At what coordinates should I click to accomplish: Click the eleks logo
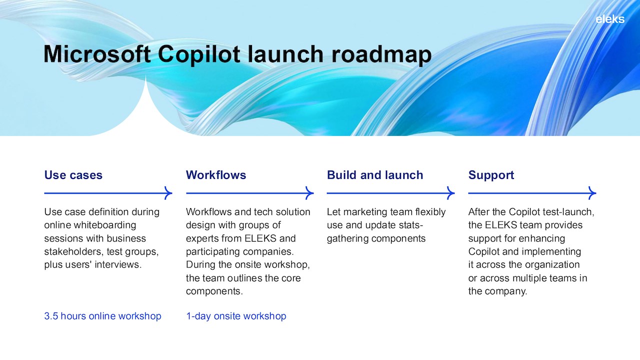point(610,19)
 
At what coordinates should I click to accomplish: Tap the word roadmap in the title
point(381,55)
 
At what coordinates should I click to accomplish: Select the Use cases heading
point(73,175)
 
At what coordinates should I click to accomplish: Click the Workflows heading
point(216,175)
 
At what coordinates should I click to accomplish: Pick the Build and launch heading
point(375,175)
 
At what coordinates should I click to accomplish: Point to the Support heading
point(491,175)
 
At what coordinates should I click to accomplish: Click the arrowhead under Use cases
point(168,193)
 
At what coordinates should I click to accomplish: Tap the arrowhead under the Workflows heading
point(309,193)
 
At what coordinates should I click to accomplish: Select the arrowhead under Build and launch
point(450,193)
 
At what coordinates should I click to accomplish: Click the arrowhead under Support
point(592,193)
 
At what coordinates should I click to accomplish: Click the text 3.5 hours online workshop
point(102,316)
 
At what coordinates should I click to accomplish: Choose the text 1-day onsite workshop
point(236,316)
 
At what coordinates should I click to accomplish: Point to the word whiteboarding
point(104,225)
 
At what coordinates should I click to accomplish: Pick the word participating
point(211,251)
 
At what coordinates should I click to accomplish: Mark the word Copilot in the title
point(199,55)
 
